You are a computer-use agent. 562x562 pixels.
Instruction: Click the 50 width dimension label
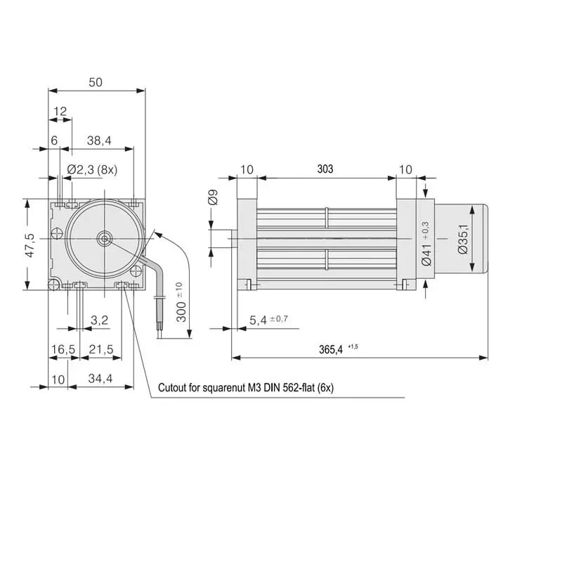pos(96,81)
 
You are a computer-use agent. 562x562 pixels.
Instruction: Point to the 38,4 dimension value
pos(99,140)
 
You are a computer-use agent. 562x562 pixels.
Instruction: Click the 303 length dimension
pos(325,169)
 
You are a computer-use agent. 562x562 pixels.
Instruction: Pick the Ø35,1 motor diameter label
pos(462,239)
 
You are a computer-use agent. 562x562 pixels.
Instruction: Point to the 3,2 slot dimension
pos(100,320)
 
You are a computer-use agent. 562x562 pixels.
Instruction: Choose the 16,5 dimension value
pos(63,349)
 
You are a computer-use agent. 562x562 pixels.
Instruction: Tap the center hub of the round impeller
pos(104,238)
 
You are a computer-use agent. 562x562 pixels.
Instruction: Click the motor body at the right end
pos(461,239)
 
